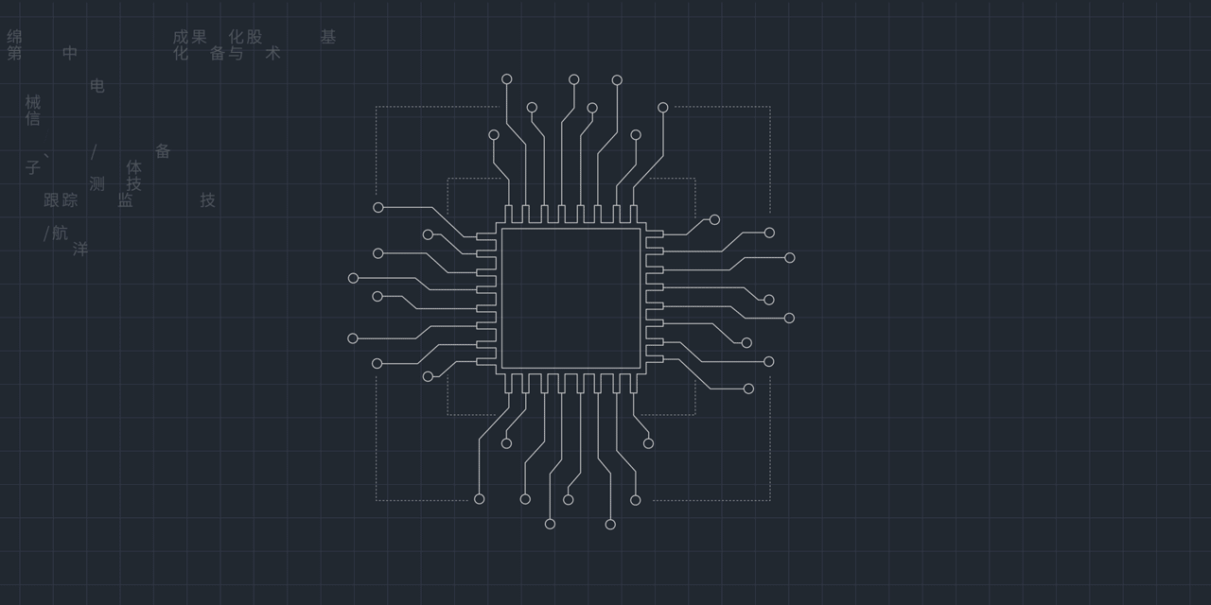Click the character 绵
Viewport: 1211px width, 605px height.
coord(15,37)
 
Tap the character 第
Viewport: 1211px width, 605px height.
coord(15,53)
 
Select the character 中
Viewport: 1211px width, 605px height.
coord(70,53)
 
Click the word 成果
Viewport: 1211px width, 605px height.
coord(189,37)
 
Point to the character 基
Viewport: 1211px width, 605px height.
coord(327,37)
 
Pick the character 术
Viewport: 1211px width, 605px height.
coord(272,53)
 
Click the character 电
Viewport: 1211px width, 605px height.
coord(97,86)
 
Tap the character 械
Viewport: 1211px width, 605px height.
coord(33,102)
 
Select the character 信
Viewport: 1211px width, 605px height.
coord(33,119)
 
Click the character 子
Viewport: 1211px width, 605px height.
coord(33,168)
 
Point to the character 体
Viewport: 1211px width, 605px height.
coord(134,167)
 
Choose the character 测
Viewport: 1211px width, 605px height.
coord(97,183)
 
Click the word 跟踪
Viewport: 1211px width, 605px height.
coord(61,200)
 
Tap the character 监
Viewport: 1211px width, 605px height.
coord(125,200)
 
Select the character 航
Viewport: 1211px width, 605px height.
coord(60,233)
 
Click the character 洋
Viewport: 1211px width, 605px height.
coord(80,250)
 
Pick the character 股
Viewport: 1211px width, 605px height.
coord(254,37)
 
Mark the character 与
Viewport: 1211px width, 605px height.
coord(236,53)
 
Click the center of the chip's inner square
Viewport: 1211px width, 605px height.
coord(570,298)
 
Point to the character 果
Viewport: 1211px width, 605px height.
coord(199,37)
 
